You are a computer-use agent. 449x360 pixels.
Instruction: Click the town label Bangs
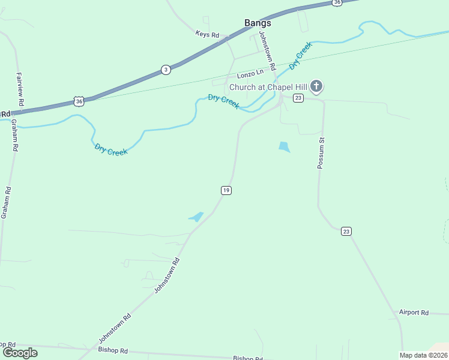pos(258,23)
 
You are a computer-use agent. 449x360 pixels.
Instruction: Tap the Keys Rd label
pos(206,35)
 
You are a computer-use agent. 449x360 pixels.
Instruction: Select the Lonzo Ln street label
pos(250,74)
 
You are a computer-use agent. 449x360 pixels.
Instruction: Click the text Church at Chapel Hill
pos(268,87)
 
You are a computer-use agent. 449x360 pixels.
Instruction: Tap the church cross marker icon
pos(316,87)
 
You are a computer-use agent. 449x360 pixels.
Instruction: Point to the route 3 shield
pos(166,70)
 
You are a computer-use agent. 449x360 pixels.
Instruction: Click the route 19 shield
pos(226,190)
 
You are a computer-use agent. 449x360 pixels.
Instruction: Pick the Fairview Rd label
pos(20,90)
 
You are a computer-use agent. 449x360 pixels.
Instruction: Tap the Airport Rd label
pos(414,313)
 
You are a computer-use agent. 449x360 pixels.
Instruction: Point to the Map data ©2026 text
pos(423,355)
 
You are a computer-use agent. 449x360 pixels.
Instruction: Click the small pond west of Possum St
pos(285,146)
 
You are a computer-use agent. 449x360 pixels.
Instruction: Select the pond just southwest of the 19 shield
pos(196,217)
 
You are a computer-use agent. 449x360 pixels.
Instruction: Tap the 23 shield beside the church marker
pos(298,98)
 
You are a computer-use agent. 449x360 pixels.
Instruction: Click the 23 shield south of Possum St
pos(346,231)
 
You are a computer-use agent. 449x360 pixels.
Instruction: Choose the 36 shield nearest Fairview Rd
pos(79,101)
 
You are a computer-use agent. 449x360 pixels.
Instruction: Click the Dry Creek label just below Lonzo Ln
pos(224,101)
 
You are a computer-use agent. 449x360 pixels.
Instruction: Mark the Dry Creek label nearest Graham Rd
pos(110,149)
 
